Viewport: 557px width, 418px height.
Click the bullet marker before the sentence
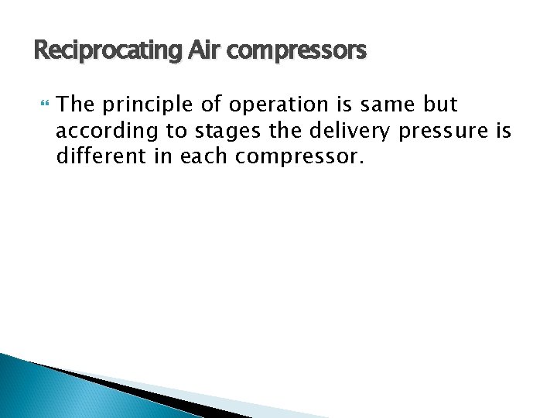[43, 104]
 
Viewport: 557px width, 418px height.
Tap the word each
[203, 157]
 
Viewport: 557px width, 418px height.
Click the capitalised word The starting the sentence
[76, 104]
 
